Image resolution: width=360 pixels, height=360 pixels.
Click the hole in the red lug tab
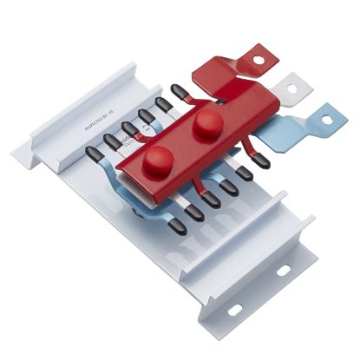(x=258, y=60)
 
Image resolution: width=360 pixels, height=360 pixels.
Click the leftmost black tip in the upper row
(x=94, y=154)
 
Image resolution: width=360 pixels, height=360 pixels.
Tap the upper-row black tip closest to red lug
(x=180, y=90)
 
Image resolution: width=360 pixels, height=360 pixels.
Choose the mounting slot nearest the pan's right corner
(x=283, y=271)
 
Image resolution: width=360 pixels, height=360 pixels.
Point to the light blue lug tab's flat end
(x=323, y=115)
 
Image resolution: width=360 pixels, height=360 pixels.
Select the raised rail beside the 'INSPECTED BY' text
(x=78, y=113)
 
